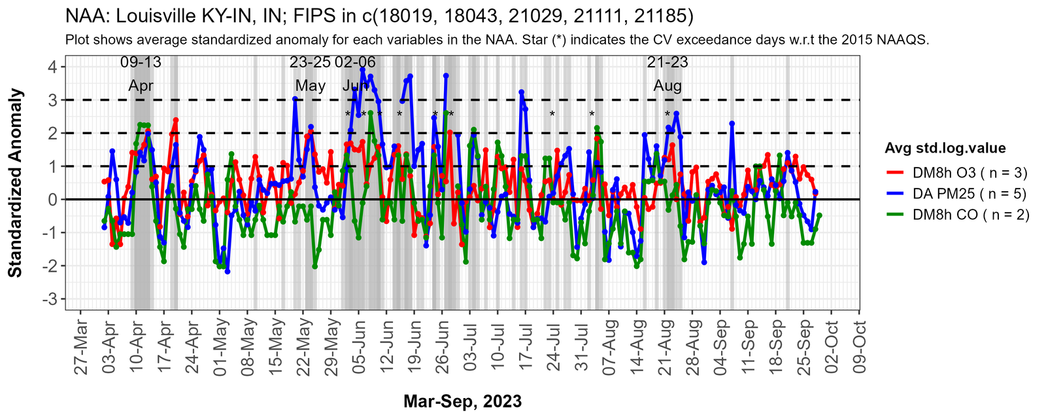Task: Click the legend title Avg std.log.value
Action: tap(945, 148)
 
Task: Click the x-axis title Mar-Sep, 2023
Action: tap(462, 401)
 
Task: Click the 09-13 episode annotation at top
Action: tap(141, 63)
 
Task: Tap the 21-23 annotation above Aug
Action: tap(667, 63)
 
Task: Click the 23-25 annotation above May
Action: tap(310, 63)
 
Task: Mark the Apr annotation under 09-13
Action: tap(141, 86)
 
